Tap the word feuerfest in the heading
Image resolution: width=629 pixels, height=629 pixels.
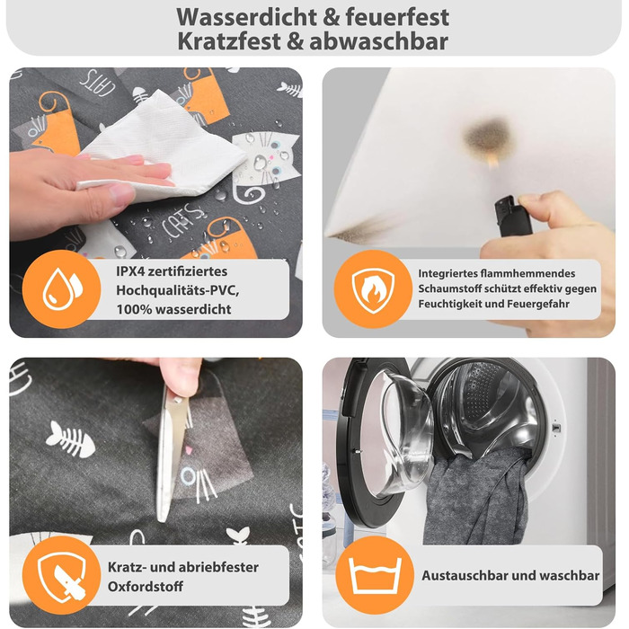point(397,17)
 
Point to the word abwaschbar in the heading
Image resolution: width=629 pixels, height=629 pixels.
point(378,41)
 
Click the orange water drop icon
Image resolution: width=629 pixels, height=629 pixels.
point(61,289)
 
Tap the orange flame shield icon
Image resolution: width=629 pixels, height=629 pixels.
point(373,289)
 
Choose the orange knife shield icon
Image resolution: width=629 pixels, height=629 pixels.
point(61,575)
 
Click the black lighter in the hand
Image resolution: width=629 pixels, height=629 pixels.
point(505,216)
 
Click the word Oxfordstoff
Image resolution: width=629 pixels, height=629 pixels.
point(146,587)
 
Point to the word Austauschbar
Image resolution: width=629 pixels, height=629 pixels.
point(465,576)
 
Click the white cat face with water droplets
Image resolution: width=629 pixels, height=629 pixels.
point(267,157)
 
